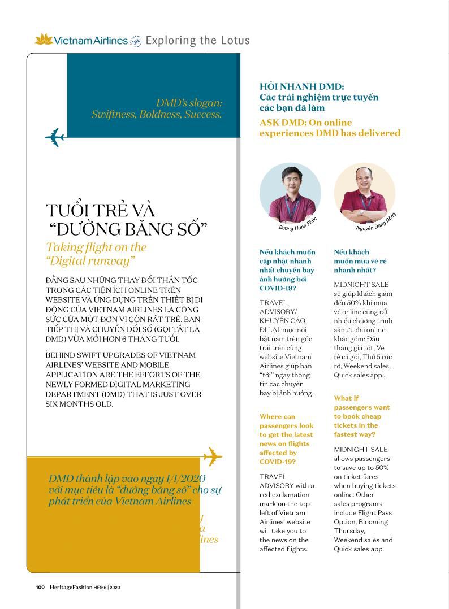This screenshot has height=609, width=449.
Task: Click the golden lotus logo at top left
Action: (x=44, y=40)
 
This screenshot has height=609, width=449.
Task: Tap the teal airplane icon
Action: (x=55, y=137)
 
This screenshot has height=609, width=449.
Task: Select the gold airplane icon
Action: (x=211, y=456)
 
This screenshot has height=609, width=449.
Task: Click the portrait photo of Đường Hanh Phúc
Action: (x=290, y=193)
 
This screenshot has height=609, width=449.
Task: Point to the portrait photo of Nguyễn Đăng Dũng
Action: (x=364, y=193)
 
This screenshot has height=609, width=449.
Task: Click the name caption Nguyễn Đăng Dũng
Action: (x=375, y=223)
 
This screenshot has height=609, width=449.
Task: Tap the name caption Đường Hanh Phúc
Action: (x=298, y=224)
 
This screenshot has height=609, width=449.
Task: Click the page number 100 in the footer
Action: (x=40, y=587)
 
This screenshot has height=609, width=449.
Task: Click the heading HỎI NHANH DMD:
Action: (x=301, y=86)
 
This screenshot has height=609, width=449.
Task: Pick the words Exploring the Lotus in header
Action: (x=197, y=40)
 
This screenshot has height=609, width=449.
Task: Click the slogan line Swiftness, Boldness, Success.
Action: (x=156, y=114)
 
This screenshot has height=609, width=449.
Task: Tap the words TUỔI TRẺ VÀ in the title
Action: (x=100, y=210)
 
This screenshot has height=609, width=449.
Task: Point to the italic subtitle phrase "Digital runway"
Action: (x=90, y=261)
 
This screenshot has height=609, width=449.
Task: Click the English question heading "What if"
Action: (x=346, y=398)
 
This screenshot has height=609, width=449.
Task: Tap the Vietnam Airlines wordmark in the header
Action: (x=90, y=40)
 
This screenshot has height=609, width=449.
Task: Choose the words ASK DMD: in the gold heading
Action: (x=282, y=123)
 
